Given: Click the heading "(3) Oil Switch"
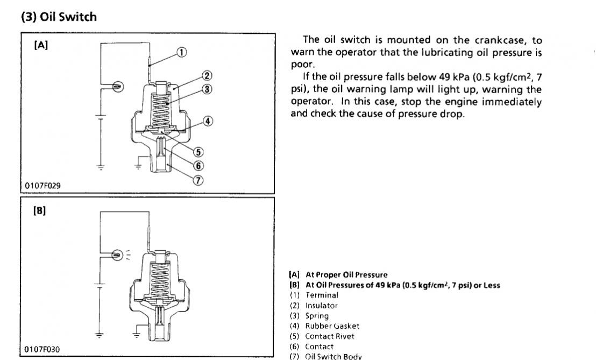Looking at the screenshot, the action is (59, 17).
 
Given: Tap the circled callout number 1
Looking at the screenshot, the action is (182, 52).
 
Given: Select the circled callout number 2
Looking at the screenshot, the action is (207, 76).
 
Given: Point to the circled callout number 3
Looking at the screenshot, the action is (207, 89).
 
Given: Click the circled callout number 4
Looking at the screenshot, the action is (208, 121).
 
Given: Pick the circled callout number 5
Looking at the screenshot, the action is (198, 152).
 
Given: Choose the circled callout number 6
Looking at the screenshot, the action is (198, 166).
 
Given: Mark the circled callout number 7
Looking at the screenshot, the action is (198, 180).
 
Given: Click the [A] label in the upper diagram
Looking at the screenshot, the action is (41, 46).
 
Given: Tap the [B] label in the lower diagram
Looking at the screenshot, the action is (40, 210).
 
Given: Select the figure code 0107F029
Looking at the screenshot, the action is (42, 186).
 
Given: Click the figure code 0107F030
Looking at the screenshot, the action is (42, 350).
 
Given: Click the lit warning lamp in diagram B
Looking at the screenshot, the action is (117, 255).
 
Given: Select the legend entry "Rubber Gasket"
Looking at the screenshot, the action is (332, 326).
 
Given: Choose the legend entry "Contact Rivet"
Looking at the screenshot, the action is (330, 336).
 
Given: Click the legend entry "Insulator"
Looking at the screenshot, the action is (321, 305).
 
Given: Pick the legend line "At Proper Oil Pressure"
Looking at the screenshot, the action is (346, 274).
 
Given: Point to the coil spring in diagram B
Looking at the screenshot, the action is (160, 277).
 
